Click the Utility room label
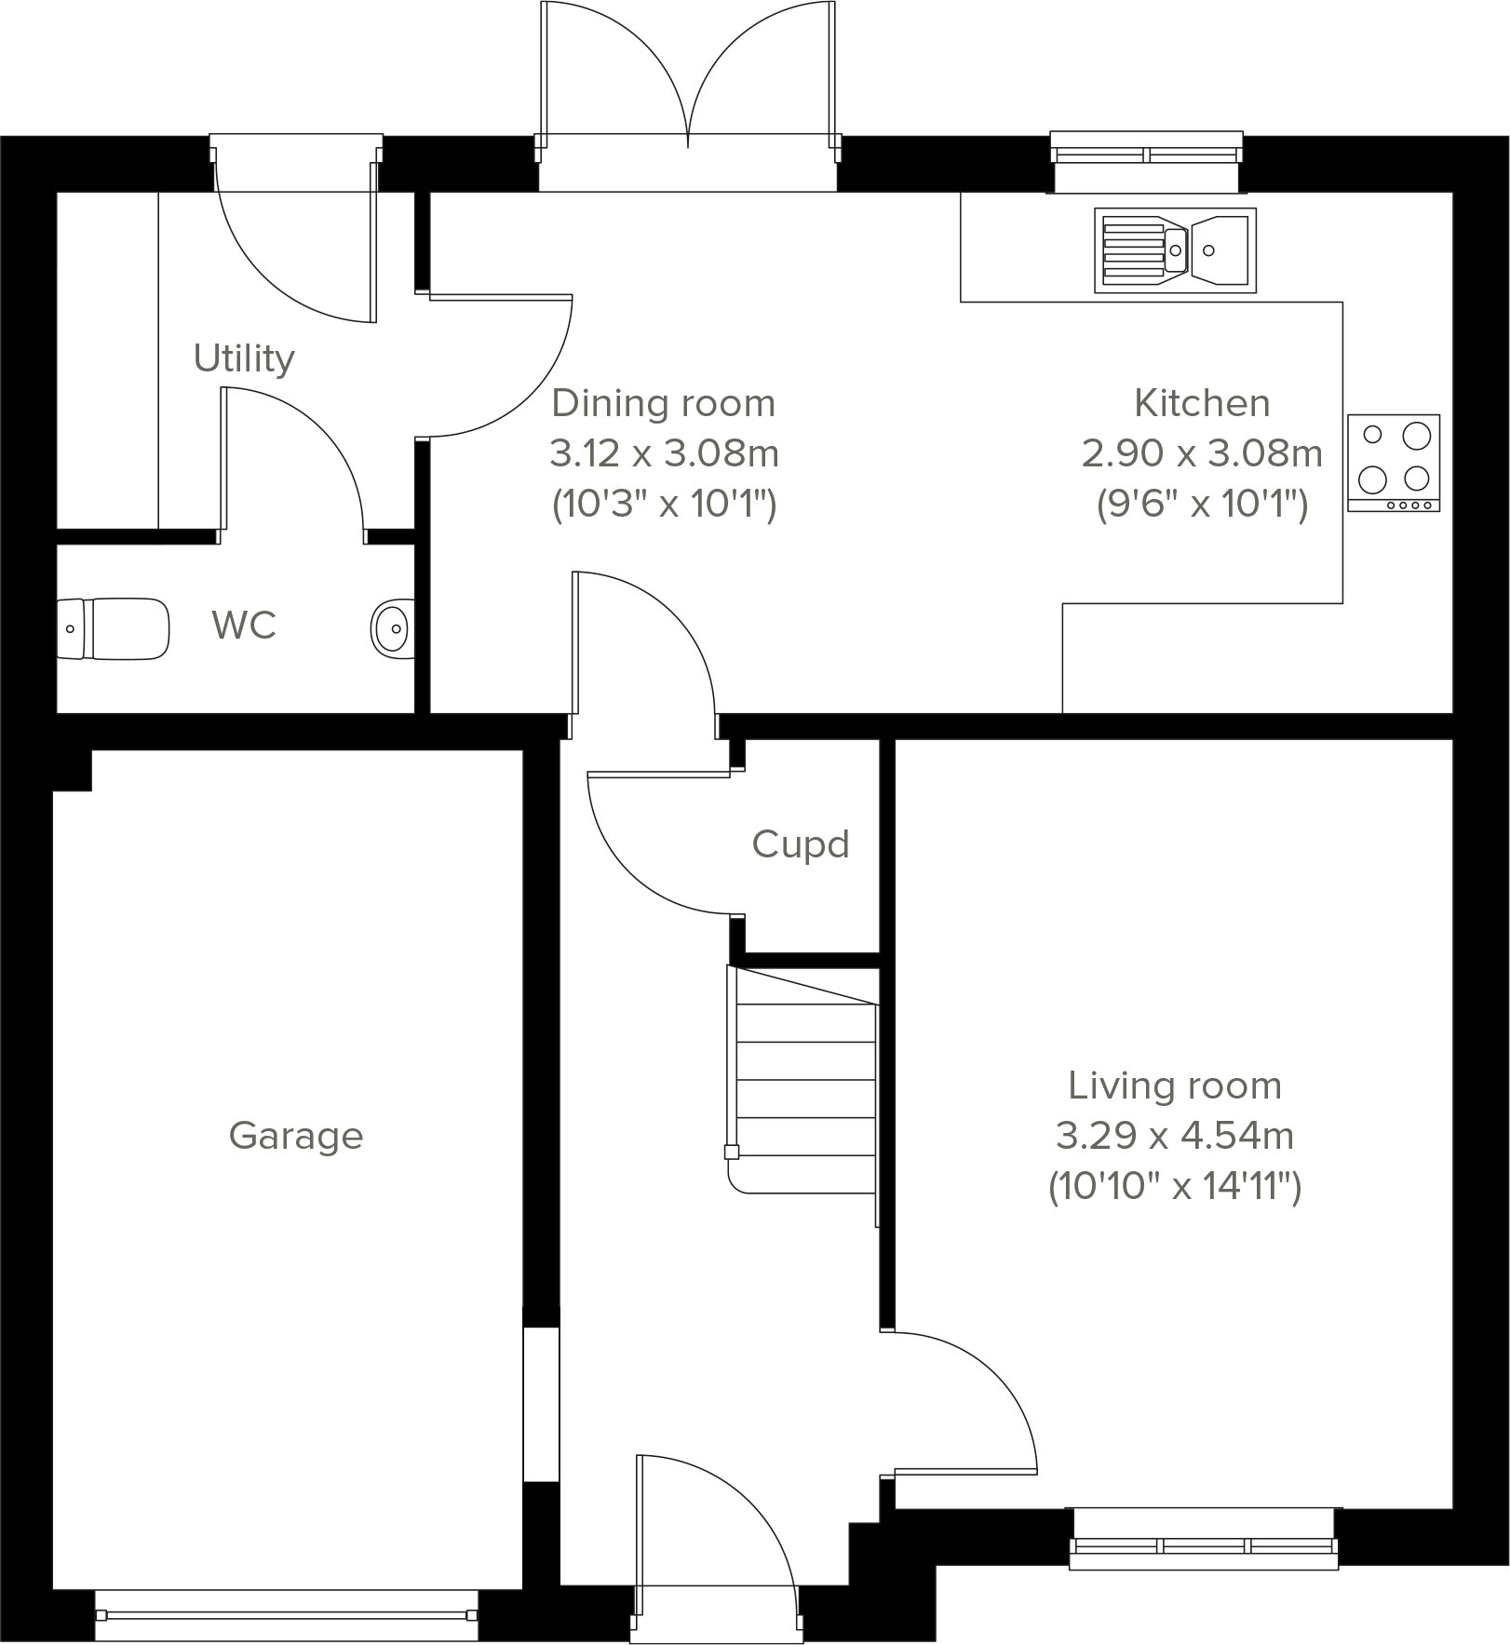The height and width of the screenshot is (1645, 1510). pos(244,358)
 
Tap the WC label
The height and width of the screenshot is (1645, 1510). pos(244,626)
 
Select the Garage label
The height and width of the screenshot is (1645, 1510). pos(295,1136)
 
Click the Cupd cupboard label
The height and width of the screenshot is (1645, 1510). pos(801,844)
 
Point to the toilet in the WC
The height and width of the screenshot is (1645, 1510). pos(114,629)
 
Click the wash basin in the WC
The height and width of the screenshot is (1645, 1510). pos(393,629)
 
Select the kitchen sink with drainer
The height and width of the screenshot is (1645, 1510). pos(1175,249)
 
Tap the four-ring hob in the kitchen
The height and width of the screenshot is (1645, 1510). pos(1393,463)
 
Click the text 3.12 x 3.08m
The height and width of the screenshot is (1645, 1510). pos(664,454)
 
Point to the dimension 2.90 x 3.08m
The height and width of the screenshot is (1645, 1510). pos(1202,454)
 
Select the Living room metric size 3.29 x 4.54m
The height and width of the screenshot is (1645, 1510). pos(1174,1136)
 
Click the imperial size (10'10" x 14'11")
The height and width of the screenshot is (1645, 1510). pos(1174,1187)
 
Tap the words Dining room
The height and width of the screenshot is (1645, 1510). pos(664,404)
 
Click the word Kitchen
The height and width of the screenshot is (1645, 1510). pos(1202,404)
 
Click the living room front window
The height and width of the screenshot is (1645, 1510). pos(1203,1545)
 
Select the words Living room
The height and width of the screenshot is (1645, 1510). pos(1174,1086)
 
